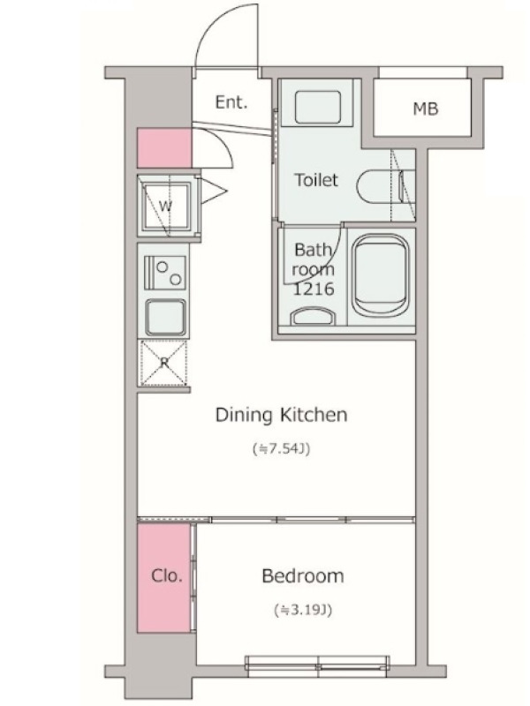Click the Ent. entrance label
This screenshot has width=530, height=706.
[231, 102]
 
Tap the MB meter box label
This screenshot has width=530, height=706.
[426, 109]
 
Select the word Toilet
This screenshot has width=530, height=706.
[316, 180]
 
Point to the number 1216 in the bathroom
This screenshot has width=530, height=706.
[314, 289]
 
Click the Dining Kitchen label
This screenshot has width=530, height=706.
[281, 414]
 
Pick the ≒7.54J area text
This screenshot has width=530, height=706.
[281, 449]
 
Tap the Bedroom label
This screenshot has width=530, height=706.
[303, 575]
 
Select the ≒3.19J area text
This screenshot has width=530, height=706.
[303, 610]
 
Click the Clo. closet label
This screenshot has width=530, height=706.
[167, 575]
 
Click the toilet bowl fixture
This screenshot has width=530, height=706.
[384, 186]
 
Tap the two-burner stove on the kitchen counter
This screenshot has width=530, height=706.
[165, 273]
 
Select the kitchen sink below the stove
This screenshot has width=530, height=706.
[165, 318]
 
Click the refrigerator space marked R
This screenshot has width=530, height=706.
[163, 364]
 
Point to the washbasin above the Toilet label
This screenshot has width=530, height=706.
[318, 107]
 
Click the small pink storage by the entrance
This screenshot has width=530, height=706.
[164, 147]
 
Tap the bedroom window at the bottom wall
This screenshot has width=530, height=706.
[318, 665]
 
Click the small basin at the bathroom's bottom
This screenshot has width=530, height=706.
[314, 316]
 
